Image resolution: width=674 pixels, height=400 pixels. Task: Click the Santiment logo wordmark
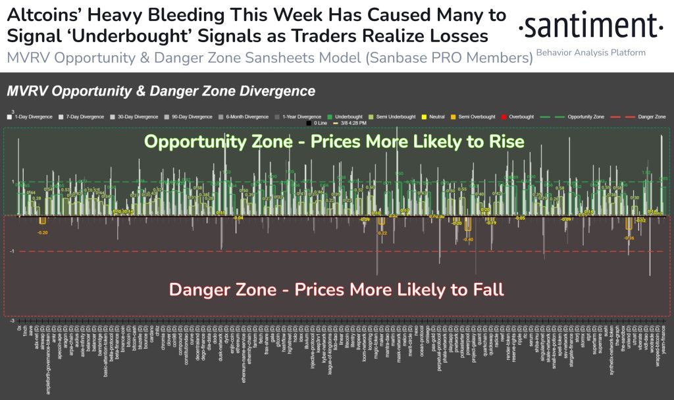[x=590, y=26]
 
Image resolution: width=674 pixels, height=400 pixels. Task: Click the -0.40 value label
[x=468, y=239]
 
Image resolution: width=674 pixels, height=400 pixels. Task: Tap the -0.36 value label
[x=629, y=238]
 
